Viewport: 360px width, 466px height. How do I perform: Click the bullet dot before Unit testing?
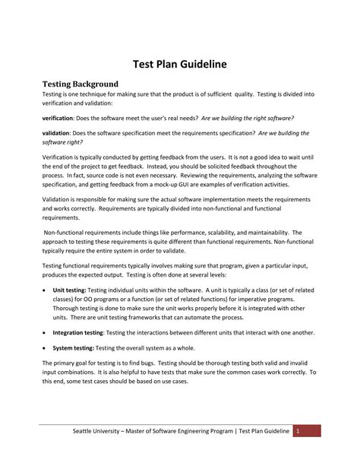pos(44,290)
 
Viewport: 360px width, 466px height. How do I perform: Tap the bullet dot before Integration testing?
pos(44,333)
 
